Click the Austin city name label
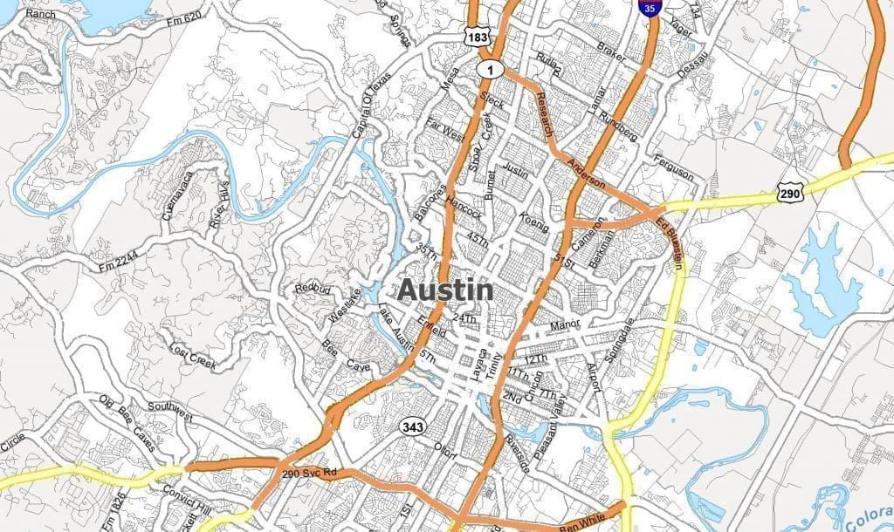click(x=445, y=290)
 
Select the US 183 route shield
click(x=478, y=38)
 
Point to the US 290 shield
click(x=789, y=194)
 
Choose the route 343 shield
click(x=413, y=426)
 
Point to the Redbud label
click(x=311, y=288)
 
